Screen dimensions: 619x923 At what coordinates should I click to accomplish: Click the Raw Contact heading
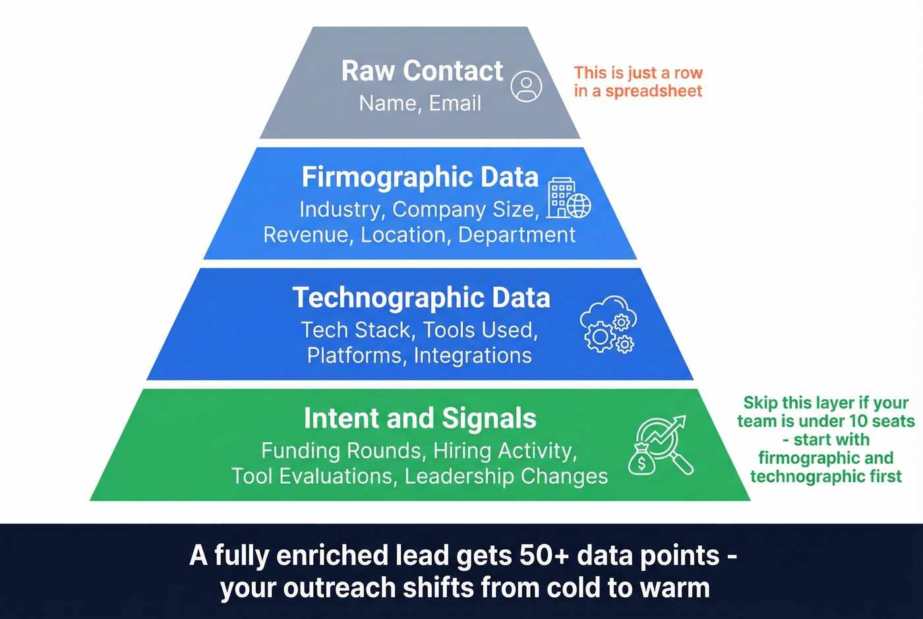pos(422,71)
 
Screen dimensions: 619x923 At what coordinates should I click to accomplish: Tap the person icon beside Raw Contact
pos(527,86)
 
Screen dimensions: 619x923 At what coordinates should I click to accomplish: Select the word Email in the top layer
pos(455,103)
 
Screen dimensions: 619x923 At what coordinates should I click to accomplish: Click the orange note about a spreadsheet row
pos(638,82)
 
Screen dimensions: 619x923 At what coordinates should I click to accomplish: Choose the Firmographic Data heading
pos(420,177)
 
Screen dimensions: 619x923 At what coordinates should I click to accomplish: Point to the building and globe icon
pos(568,198)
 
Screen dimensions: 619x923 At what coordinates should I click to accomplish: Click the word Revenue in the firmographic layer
pos(305,235)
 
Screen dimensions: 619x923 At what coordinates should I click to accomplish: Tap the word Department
pos(516,235)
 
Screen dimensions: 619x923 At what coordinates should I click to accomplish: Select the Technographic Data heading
pos(421,298)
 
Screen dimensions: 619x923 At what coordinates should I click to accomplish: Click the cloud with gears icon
pos(608,324)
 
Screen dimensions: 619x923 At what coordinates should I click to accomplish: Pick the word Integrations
pos(473,355)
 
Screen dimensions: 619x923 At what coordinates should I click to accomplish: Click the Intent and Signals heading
pos(420,419)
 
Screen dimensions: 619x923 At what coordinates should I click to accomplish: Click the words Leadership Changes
pos(506,476)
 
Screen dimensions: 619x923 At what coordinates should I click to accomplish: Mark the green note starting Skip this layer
pos(825,439)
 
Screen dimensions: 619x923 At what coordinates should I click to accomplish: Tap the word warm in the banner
pos(678,587)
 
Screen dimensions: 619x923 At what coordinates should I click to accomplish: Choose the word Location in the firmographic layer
pos(403,235)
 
